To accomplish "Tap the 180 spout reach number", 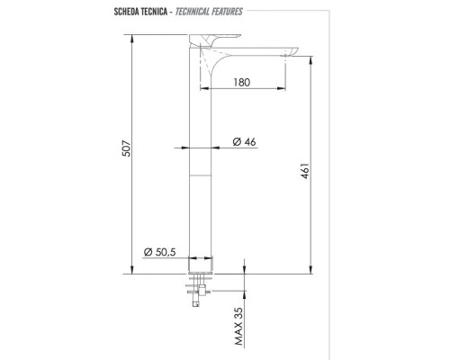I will [238, 82].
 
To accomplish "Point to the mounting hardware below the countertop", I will [194, 292].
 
